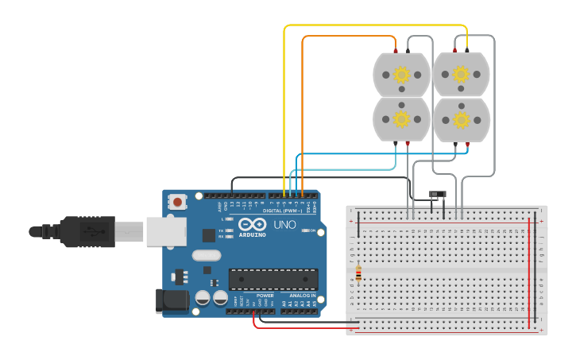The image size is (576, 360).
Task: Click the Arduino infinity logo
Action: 251,224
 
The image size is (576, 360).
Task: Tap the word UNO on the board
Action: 285,225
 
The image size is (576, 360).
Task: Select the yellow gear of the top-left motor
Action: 402,75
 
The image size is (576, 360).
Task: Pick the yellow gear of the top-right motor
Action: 462,75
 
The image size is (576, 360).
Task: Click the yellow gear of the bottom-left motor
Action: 402,119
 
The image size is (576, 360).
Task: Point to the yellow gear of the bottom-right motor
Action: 462,120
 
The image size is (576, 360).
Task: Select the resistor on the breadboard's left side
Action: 358,274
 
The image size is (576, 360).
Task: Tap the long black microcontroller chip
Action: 273,279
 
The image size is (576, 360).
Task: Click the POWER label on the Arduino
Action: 265,295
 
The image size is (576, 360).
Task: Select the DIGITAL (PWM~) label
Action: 282,210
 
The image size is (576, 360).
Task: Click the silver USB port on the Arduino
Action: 166,230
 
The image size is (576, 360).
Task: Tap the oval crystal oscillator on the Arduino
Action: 206,255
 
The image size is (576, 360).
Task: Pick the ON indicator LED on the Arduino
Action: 303,231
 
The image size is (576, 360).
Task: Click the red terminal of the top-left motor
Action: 396,51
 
